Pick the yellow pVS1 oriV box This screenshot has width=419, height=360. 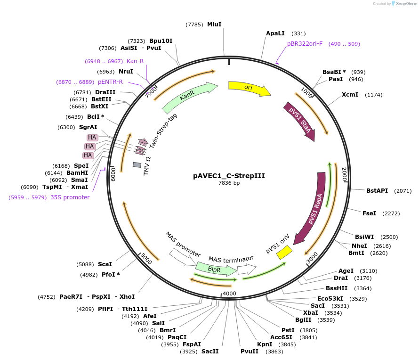coord(284,253)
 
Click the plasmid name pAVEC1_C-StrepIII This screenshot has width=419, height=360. coord(229,176)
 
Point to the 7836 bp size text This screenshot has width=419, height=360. coord(229,183)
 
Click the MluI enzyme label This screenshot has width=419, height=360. coord(214,24)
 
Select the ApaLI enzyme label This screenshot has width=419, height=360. coord(275,33)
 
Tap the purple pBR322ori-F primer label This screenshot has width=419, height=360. coord(305,44)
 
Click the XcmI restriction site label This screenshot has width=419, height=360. coord(350,95)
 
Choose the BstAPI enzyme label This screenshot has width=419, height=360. coord(377,191)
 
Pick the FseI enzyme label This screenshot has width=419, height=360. coord(369,213)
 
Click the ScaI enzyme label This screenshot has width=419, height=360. coord(105,264)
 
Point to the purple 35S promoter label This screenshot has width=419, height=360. coord(70,197)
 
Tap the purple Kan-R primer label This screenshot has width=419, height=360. coord(135,61)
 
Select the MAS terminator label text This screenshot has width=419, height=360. coord(231,259)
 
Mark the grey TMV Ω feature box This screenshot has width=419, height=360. coord(137,165)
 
